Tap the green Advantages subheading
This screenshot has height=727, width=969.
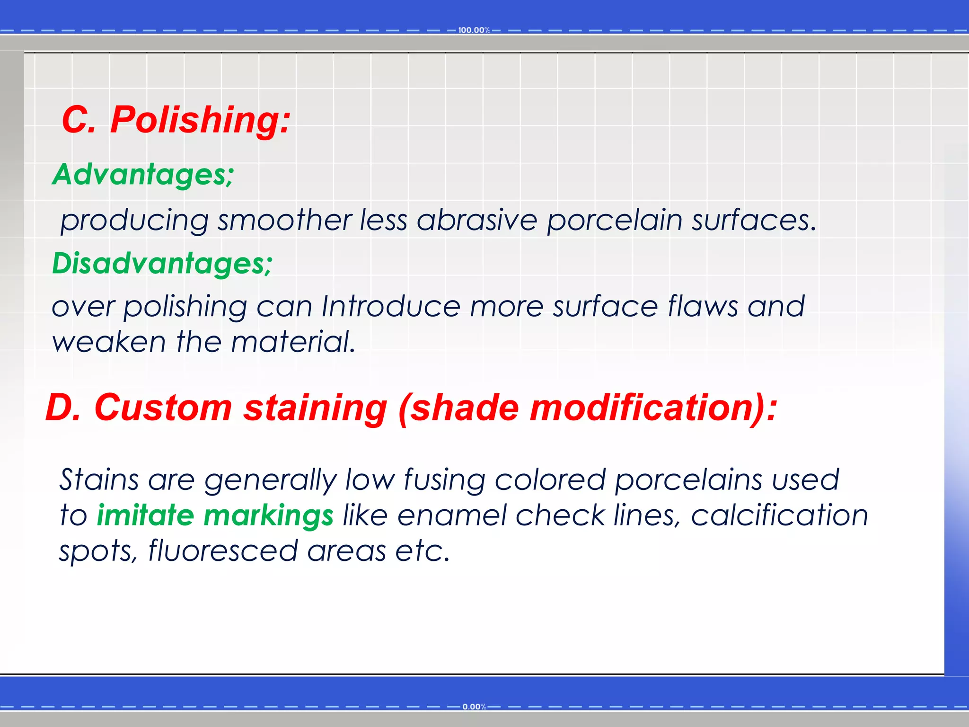(x=143, y=174)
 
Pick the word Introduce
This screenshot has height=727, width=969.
(x=391, y=306)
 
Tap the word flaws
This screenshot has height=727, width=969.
(x=702, y=306)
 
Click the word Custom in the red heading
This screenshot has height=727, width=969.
(x=163, y=408)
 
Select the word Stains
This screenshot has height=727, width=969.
(x=99, y=479)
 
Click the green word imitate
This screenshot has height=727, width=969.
(x=145, y=515)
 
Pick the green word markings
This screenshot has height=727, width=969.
(x=268, y=516)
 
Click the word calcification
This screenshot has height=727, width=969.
(x=779, y=515)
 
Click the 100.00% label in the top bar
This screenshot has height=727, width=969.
(x=474, y=30)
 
